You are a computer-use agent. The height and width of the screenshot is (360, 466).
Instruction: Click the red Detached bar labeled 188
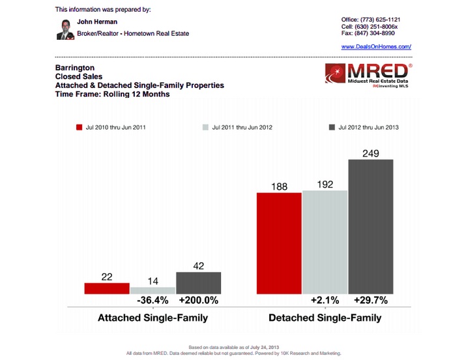coord(279,244)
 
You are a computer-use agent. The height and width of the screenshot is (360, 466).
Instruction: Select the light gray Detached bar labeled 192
coord(325,242)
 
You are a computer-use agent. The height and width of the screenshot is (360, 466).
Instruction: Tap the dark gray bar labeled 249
coord(371,226)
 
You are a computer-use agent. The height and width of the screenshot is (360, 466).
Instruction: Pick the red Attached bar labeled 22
coord(107,288)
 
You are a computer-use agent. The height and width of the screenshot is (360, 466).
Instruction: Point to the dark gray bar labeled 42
coord(199,283)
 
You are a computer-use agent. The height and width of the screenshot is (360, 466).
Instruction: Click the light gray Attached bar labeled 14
coord(153,290)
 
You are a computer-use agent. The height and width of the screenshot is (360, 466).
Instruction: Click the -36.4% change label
coord(153,301)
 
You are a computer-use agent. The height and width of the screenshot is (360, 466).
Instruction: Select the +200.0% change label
coord(199,301)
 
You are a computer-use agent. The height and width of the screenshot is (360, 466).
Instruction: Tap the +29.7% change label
coord(371,301)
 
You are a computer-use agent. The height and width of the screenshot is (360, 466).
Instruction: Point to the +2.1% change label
coord(325,301)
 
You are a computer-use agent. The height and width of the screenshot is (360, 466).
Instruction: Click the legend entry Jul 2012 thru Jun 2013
coord(364,127)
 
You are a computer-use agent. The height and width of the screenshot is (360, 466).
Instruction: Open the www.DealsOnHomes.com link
coord(376,47)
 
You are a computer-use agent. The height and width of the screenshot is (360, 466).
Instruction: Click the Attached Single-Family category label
coord(153,318)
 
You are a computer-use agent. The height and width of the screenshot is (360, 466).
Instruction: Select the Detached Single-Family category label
coord(325,318)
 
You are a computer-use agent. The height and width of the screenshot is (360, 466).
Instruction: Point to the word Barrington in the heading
coord(75,67)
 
